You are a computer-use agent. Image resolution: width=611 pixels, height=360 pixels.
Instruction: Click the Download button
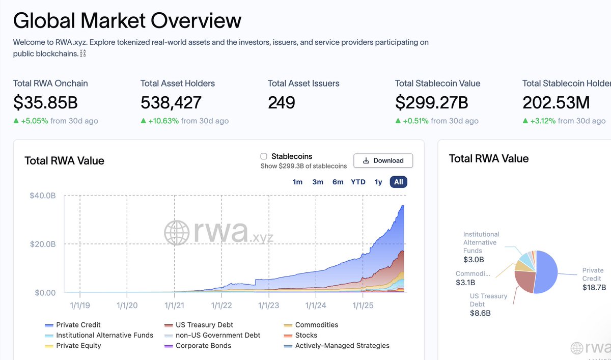point(383,160)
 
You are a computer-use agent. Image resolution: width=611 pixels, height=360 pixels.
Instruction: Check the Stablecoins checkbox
point(264,156)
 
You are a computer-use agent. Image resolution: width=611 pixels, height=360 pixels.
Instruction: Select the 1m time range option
point(297,182)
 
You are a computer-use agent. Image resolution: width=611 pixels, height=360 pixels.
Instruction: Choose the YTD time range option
point(358,182)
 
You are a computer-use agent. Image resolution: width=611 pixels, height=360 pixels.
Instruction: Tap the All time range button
point(399,182)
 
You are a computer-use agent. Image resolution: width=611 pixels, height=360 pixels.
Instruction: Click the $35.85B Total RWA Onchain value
point(45,103)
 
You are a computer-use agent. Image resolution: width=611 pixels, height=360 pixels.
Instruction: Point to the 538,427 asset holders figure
point(171,103)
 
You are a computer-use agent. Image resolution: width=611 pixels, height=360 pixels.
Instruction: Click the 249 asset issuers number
point(281,103)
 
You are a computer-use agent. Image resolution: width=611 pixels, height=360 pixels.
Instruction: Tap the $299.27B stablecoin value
point(431,103)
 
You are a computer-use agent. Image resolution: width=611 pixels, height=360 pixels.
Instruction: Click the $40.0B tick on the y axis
point(43,196)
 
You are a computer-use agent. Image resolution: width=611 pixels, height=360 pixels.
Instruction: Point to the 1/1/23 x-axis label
point(268,305)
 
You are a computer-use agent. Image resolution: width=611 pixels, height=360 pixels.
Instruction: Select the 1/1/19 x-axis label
point(79,305)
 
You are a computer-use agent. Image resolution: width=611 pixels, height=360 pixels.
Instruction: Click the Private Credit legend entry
point(78,325)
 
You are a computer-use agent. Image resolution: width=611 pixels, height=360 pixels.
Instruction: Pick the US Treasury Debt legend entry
point(204,325)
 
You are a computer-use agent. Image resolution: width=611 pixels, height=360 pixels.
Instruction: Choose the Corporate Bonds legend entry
point(203,346)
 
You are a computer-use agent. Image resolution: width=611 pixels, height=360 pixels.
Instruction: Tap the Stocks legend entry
point(306,336)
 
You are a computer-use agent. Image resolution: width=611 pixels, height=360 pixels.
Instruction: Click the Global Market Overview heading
point(127,21)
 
